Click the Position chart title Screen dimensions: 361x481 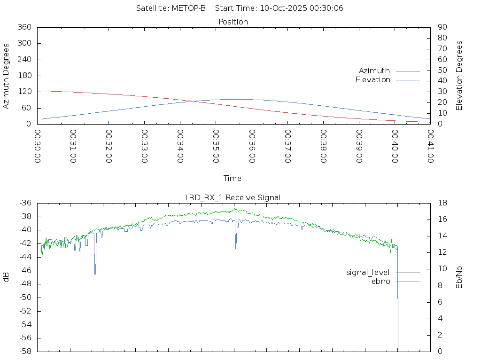coord(233,22)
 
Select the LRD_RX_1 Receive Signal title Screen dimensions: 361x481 coord(233,197)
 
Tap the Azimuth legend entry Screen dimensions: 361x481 coord(374,71)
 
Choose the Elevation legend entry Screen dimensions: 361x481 coord(372,80)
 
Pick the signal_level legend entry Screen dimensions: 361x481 coord(368,272)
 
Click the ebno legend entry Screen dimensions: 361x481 coord(380,281)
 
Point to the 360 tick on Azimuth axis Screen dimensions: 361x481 coord(24,27)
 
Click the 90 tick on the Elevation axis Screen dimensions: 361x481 coord(442,27)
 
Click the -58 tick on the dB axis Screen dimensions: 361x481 coord(24,351)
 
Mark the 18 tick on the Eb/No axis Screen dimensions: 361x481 coord(442,203)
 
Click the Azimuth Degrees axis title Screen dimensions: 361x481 coord(6,76)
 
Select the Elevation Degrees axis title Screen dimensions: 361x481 coord(459,76)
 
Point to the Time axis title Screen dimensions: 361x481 coord(233,179)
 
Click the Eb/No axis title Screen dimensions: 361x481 coord(459,277)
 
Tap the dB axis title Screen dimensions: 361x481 coord(6,277)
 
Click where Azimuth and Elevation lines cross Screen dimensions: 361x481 coord(193,101)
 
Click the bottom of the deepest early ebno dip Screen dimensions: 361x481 coord(95,274)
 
